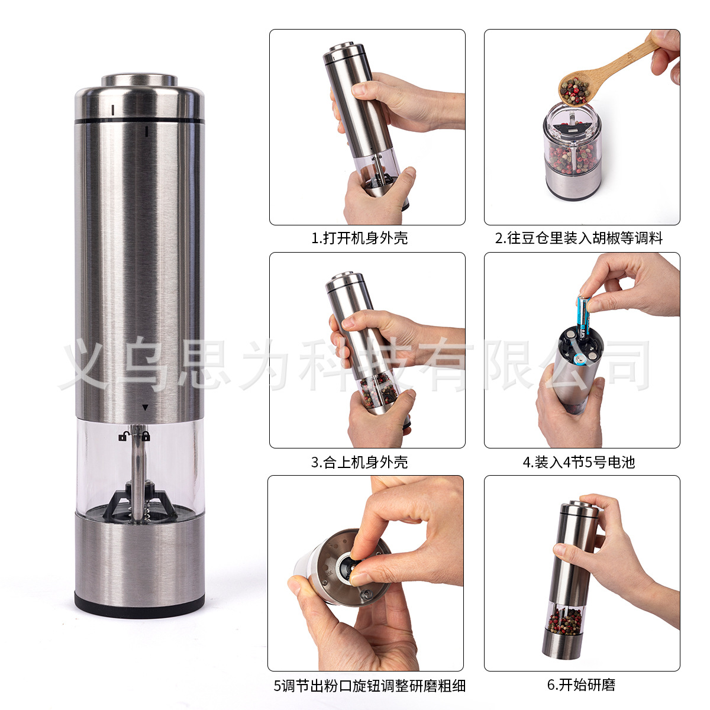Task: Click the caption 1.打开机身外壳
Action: click(x=359, y=238)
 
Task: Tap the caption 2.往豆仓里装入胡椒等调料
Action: click(x=579, y=238)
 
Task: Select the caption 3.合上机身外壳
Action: click(x=359, y=462)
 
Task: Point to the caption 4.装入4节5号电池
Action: click(x=578, y=462)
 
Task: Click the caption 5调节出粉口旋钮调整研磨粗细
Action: click(x=369, y=686)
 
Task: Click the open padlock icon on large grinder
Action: click(x=123, y=437)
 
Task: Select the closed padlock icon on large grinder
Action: click(x=146, y=437)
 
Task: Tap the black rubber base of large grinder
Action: click(x=140, y=603)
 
